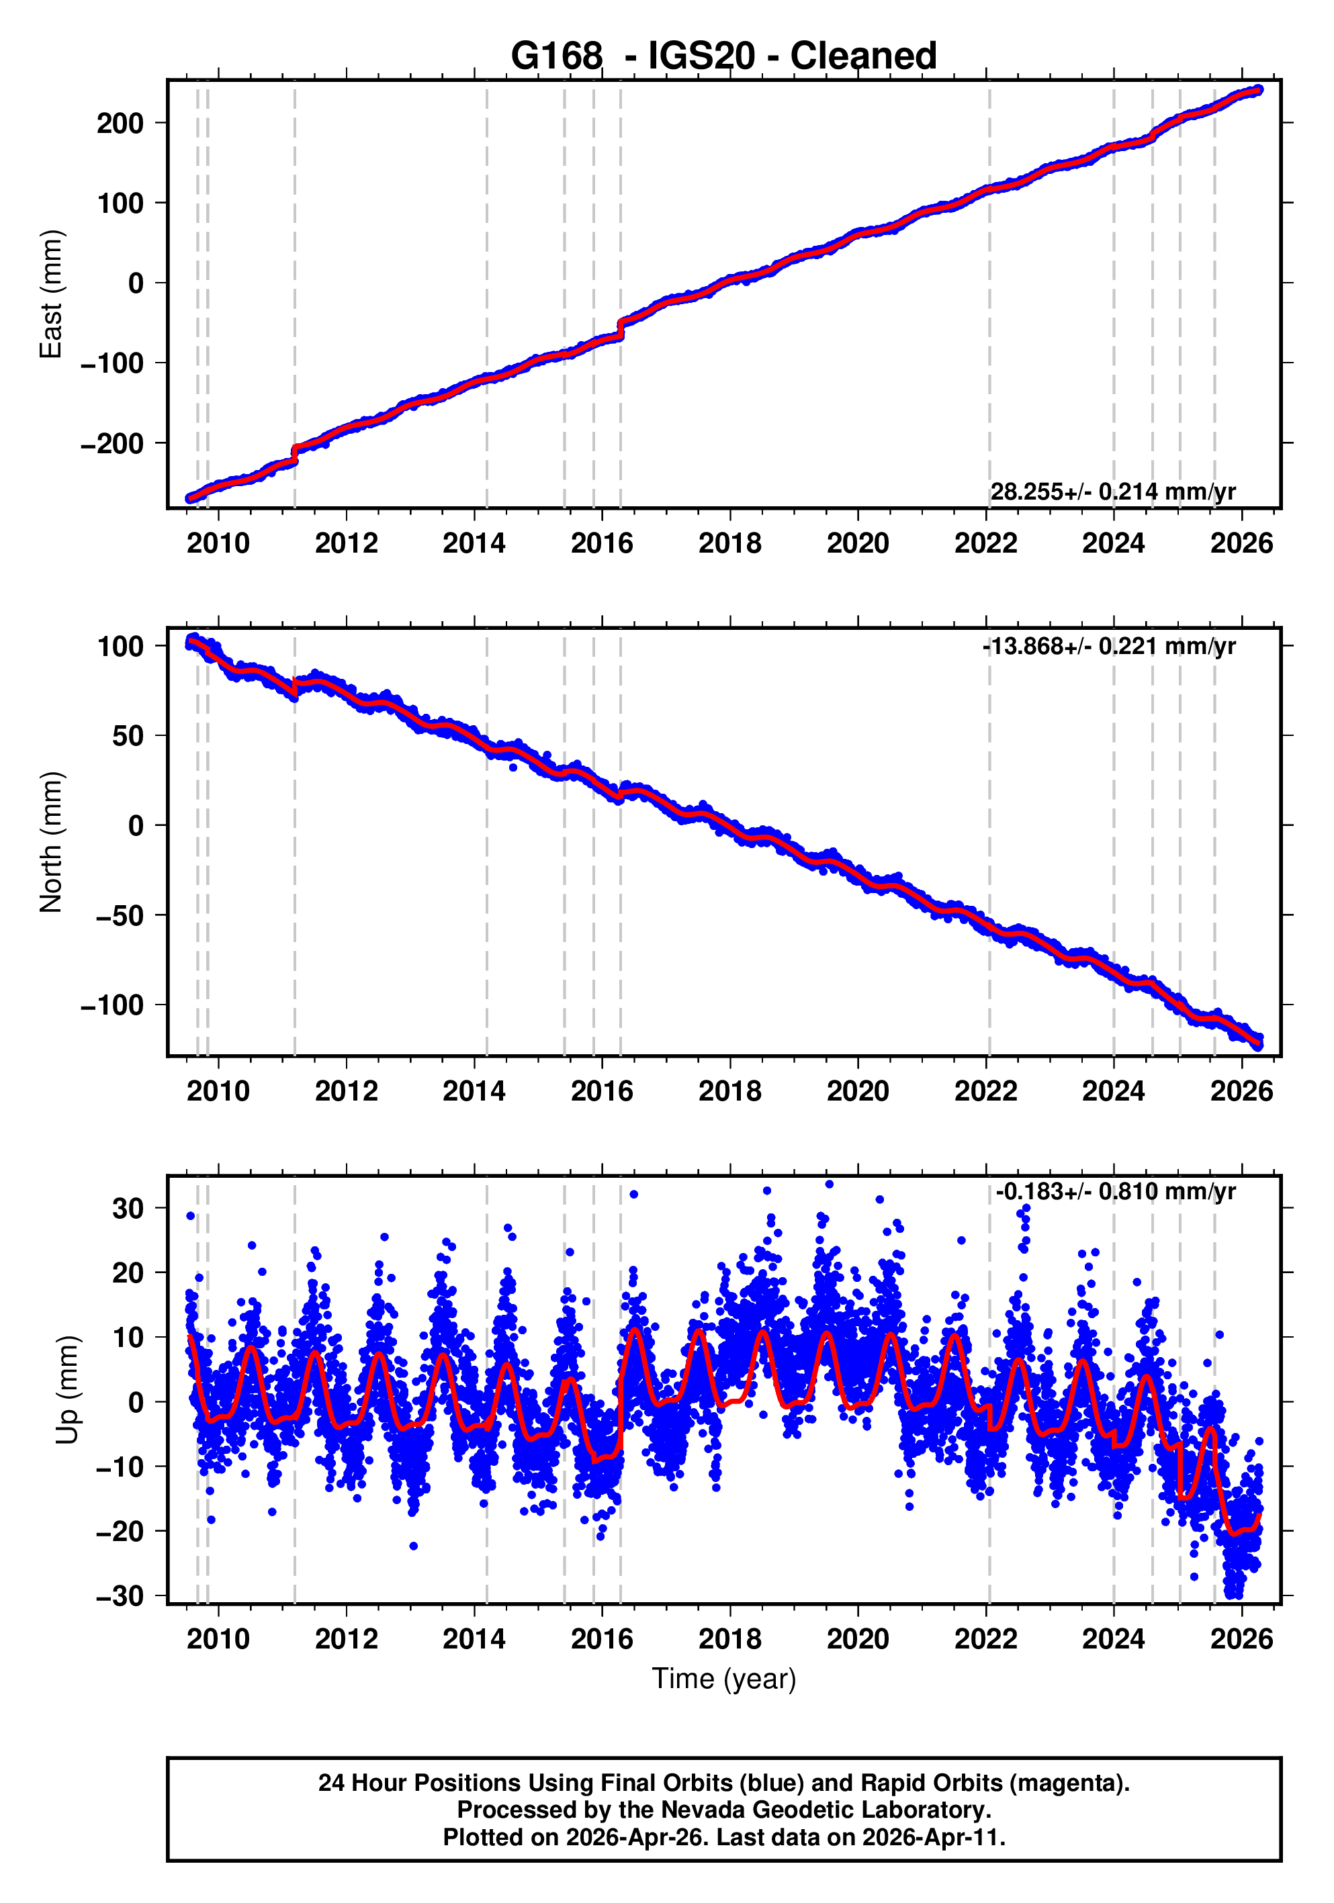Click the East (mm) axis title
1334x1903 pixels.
(52, 294)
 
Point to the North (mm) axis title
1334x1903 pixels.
(52, 842)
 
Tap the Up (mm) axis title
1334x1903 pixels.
(68, 1390)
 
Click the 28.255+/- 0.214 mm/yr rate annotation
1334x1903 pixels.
(1112, 492)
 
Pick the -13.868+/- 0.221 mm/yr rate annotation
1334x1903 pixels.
(1108, 646)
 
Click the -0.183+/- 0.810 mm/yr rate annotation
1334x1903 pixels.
(1115, 1192)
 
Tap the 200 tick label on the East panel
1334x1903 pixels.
(120, 124)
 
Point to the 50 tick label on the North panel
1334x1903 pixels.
(128, 736)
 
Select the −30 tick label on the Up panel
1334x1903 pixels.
(120, 1595)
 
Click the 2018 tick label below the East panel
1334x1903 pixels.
(729, 544)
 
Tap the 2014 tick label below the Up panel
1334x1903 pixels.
(474, 1638)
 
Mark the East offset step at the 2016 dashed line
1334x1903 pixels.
(620, 328)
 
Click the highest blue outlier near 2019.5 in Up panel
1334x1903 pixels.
(829, 1185)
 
